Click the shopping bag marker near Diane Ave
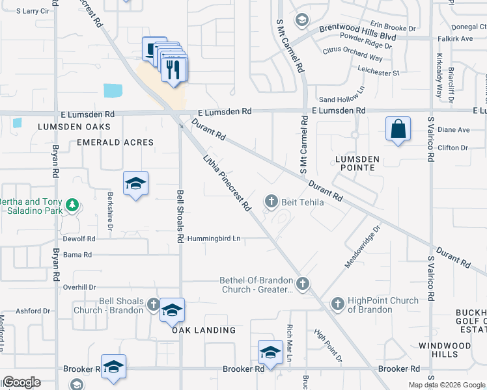point(398,129)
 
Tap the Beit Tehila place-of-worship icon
point(271,202)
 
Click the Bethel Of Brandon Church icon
point(302,283)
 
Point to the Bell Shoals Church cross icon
point(153,304)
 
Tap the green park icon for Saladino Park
point(72,206)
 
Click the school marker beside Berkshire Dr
point(135,185)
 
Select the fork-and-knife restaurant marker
point(173,69)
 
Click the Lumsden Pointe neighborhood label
point(355,162)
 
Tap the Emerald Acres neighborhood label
point(115,142)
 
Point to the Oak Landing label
point(204,330)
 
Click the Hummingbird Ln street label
point(214,239)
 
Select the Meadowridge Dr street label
point(362,246)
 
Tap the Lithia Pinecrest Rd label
point(227,183)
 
